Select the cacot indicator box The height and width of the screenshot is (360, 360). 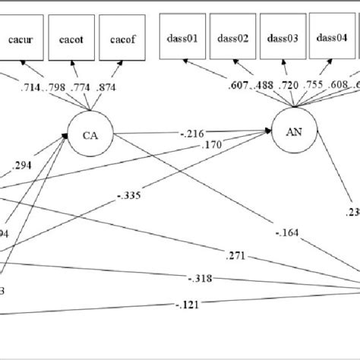click(71, 38)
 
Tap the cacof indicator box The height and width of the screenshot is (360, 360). click(123, 38)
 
